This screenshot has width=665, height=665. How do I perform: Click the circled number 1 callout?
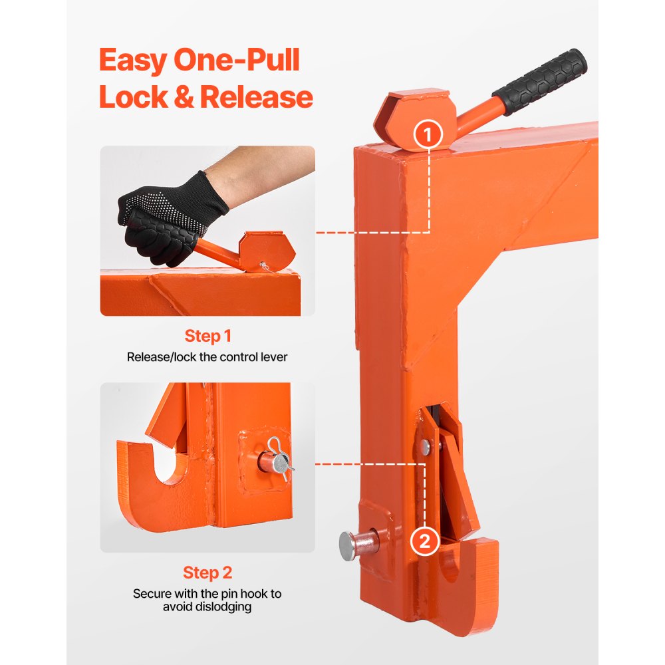click(428, 135)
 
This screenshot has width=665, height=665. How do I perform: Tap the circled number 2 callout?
click(426, 541)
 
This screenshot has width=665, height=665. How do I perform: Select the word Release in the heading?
click(257, 97)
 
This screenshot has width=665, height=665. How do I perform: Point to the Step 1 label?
click(207, 336)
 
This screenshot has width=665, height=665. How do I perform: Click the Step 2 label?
click(207, 573)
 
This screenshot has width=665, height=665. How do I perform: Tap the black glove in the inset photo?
click(166, 213)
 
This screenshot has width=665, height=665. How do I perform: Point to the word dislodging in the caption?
click(207, 607)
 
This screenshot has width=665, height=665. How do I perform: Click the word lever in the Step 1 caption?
click(274, 357)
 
